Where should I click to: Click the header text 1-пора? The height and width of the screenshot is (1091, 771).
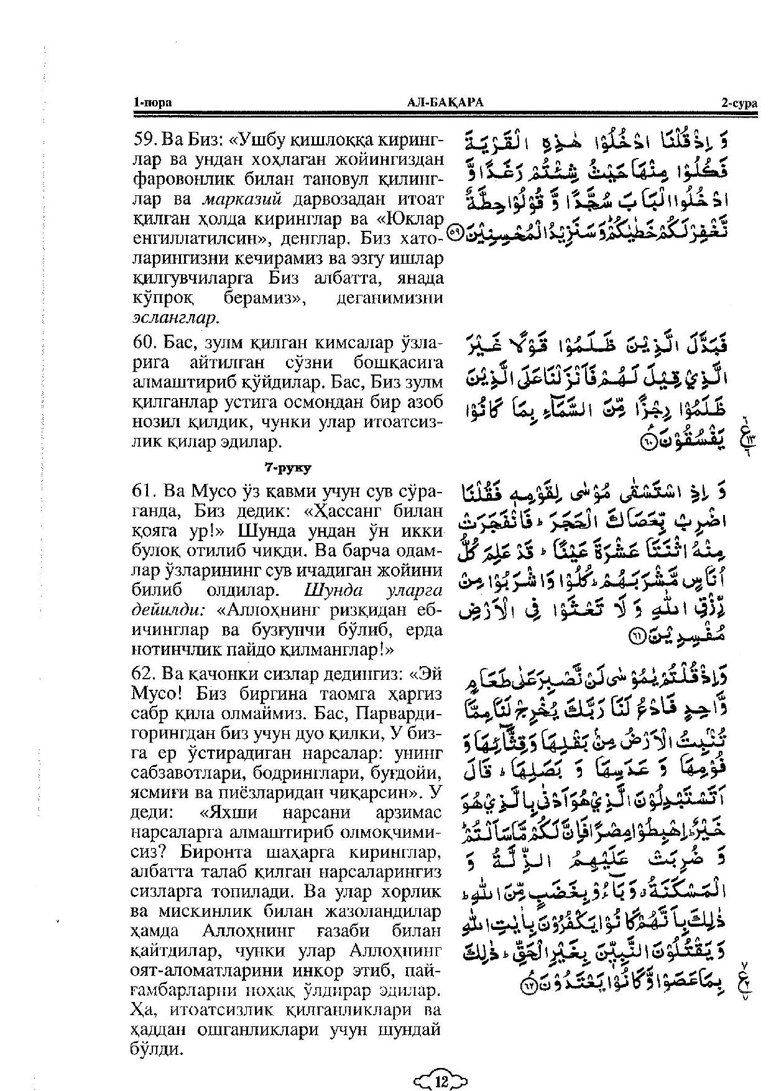pyautogui.click(x=152, y=103)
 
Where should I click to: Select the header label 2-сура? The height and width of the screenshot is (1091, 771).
pyautogui.click(x=739, y=103)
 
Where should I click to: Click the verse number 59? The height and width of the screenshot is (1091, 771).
pyautogui.click(x=146, y=138)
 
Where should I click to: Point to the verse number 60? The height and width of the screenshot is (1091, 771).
pyautogui.click(x=146, y=343)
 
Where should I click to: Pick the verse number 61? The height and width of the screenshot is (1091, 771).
pyautogui.click(x=146, y=491)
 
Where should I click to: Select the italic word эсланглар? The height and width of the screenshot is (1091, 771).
pyautogui.click(x=175, y=318)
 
